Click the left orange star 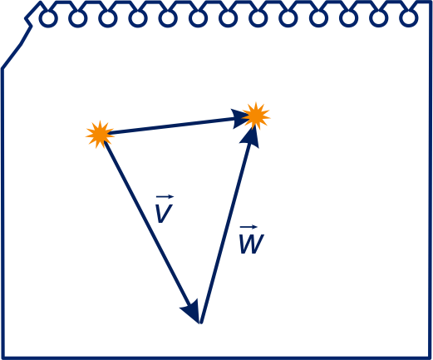click(x=100, y=135)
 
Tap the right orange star click(x=256, y=116)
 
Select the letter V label click(x=164, y=213)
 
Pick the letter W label click(x=252, y=244)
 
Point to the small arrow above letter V click(x=165, y=197)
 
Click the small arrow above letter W click(x=248, y=227)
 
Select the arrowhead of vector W click(x=250, y=136)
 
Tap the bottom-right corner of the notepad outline click(x=430, y=358)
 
